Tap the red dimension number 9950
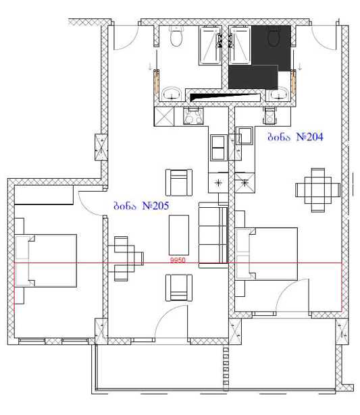pos(178,260)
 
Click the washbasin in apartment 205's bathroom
pos(172,94)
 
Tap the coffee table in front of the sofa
pos(179,235)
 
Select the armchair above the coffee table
pos(179,183)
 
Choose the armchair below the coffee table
pos(179,287)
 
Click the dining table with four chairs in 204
pos(318,190)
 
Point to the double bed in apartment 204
pos(267,254)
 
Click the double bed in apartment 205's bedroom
pos(45,260)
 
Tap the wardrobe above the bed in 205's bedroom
pos(44,195)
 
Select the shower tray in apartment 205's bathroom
pos(210,45)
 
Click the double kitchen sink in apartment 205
pos(219,148)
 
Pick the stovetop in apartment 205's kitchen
pos(193,117)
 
